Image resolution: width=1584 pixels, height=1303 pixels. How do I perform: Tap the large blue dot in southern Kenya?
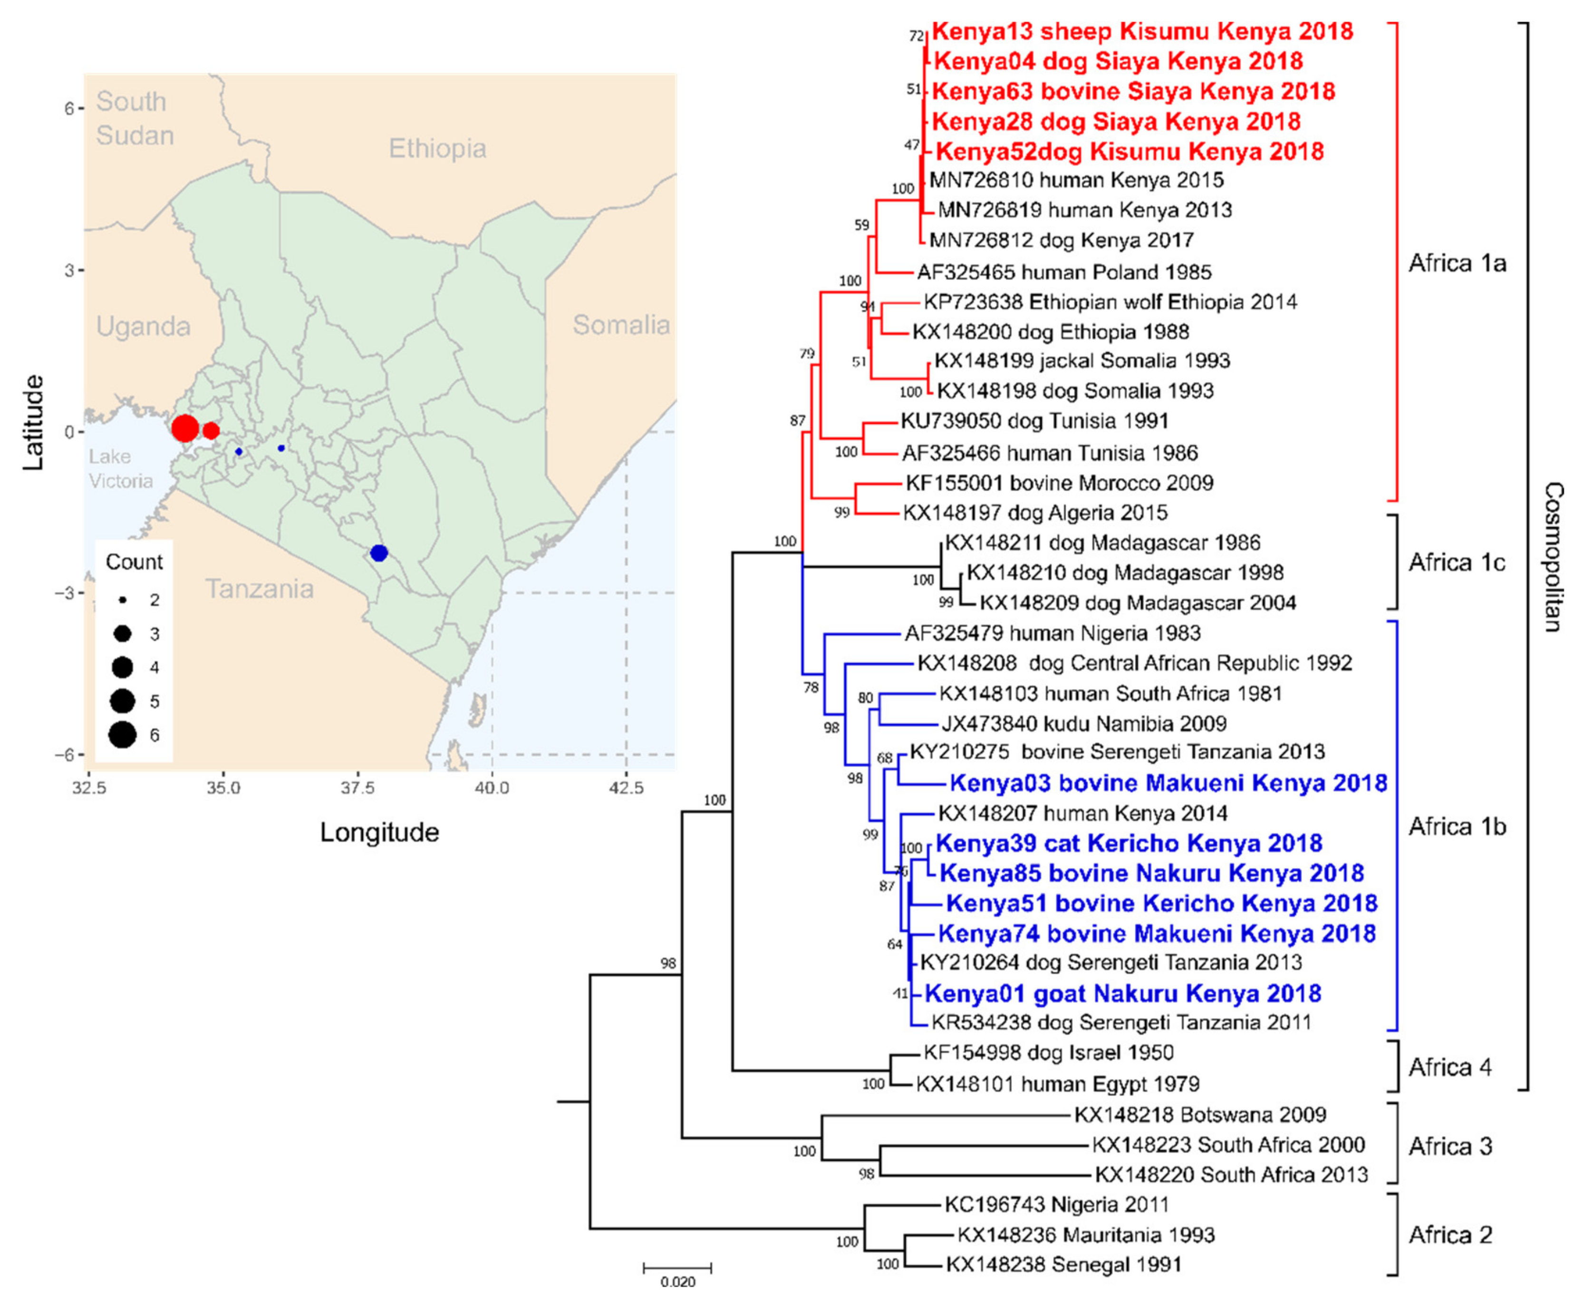point(379,553)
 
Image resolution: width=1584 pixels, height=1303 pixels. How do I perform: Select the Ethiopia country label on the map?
point(437,149)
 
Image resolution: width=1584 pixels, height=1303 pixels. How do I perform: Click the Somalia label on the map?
point(620,325)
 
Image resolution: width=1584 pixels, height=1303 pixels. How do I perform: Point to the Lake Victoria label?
point(120,468)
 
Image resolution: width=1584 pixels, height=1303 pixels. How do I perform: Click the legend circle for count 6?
point(122,735)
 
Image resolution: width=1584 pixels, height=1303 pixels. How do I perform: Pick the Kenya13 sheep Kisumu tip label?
point(1142,31)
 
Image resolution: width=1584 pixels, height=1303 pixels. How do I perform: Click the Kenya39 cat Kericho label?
point(1129,843)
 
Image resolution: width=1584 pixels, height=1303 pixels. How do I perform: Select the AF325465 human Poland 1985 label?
point(1064,272)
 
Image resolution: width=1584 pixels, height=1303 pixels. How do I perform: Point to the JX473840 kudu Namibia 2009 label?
point(1083,724)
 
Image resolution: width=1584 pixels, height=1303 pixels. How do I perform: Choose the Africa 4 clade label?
point(1449,1067)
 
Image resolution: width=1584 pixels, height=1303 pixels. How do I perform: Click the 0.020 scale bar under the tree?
point(677,1268)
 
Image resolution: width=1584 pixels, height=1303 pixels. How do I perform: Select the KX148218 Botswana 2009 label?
point(1200,1115)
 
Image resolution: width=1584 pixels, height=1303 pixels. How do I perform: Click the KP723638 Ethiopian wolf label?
point(1110,301)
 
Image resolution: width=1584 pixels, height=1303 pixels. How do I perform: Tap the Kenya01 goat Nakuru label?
point(1122,993)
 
